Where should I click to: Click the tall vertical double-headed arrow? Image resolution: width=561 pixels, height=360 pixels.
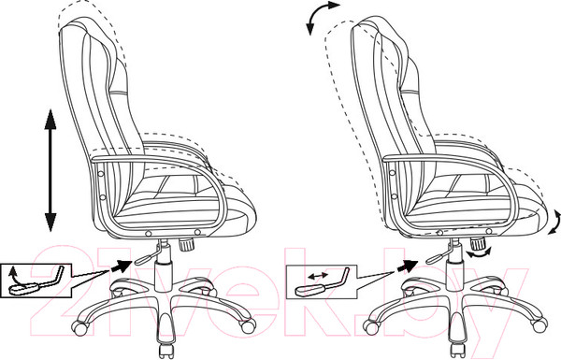point(50,170)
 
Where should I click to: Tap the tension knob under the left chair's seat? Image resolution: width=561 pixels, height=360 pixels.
point(186,245)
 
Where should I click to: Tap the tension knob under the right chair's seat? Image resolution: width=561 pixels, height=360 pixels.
point(477,245)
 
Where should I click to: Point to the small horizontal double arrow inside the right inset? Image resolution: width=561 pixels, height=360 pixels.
point(318,275)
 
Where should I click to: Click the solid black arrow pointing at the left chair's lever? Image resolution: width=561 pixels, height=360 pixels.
point(121,266)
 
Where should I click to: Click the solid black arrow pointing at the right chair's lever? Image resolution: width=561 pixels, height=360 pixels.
point(407,266)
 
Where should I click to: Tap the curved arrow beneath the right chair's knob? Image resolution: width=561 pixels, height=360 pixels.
point(479,254)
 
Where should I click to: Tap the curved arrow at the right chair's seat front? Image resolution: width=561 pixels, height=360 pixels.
point(555,223)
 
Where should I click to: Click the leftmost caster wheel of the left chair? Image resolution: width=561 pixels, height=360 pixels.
point(79,326)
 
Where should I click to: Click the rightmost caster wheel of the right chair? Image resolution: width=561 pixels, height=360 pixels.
point(540,324)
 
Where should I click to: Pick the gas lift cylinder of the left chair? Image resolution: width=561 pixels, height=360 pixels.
point(164,276)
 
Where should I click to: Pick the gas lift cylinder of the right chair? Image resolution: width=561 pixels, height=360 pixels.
point(454,276)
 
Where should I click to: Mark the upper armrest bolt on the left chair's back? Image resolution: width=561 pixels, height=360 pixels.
point(101,174)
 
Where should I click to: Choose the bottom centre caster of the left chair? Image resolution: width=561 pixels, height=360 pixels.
point(166,350)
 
